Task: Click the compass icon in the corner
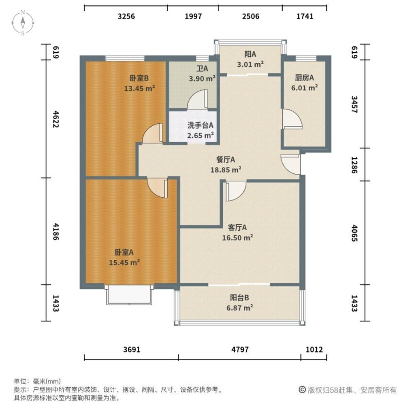pos(23,23)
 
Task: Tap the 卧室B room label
pos(139,78)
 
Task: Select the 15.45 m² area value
pos(124,262)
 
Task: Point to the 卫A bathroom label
pos(202,68)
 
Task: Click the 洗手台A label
pos(200,125)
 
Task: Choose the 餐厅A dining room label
pos(225,159)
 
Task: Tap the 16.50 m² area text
pos(238,238)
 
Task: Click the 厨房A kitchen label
pos(304,78)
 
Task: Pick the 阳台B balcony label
pos(240,298)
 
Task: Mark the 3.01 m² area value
pos(250,64)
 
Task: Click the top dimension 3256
pos(126,16)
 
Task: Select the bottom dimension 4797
pos(240,349)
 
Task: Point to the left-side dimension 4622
pos(56,119)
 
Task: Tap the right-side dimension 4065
pos(354,233)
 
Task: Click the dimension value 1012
pos(314,349)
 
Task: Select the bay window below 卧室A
pos(129,295)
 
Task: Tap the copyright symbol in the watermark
pos(302,390)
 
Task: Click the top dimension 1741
pos(305,16)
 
